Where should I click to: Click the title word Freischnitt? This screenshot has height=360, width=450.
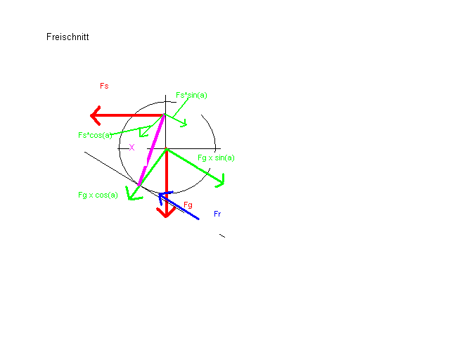67,37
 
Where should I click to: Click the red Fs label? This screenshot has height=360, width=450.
104,86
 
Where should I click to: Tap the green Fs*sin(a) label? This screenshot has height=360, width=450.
191,96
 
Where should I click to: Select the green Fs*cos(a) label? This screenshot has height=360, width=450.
95,135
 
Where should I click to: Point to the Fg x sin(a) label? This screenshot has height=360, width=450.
216,158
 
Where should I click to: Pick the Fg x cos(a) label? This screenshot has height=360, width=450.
98,195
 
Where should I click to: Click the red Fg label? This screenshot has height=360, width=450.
188,205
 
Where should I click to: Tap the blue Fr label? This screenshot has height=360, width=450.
217,214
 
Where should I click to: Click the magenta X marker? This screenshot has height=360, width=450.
131,148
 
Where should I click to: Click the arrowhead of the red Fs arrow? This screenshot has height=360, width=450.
91,116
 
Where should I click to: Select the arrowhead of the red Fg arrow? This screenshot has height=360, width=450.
166,217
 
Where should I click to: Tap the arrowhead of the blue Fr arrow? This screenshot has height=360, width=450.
160,195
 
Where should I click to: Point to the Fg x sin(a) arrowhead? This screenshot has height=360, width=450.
223,183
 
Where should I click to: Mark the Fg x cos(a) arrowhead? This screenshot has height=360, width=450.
129,198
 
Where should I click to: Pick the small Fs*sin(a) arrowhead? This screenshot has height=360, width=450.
186,125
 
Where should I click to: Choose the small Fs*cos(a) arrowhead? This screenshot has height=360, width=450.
141,136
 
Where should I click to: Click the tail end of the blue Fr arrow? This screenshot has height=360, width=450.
198,219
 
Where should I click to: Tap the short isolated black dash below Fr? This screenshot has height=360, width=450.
222,236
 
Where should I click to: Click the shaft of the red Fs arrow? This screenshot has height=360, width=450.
129,115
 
